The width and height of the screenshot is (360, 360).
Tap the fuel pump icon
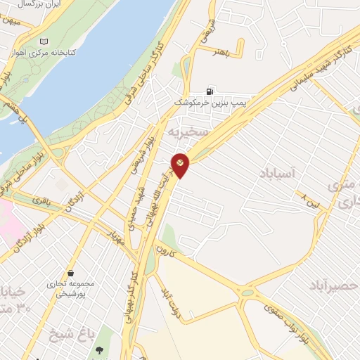click(x=210, y=91)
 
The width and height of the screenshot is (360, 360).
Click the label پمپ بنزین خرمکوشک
click(x=212, y=103)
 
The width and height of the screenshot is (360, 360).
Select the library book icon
click(x=46, y=42)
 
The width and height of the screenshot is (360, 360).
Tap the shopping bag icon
click(x=70, y=273)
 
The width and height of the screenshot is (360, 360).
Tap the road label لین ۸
click(x=308, y=200)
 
